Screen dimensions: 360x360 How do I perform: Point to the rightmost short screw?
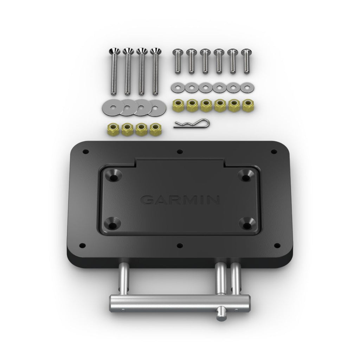click(x=245, y=60)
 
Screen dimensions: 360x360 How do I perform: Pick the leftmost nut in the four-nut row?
click(x=112, y=130)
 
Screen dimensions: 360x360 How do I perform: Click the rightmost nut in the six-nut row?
click(x=246, y=105)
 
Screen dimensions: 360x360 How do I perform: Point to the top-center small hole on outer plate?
click(x=180, y=152)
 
